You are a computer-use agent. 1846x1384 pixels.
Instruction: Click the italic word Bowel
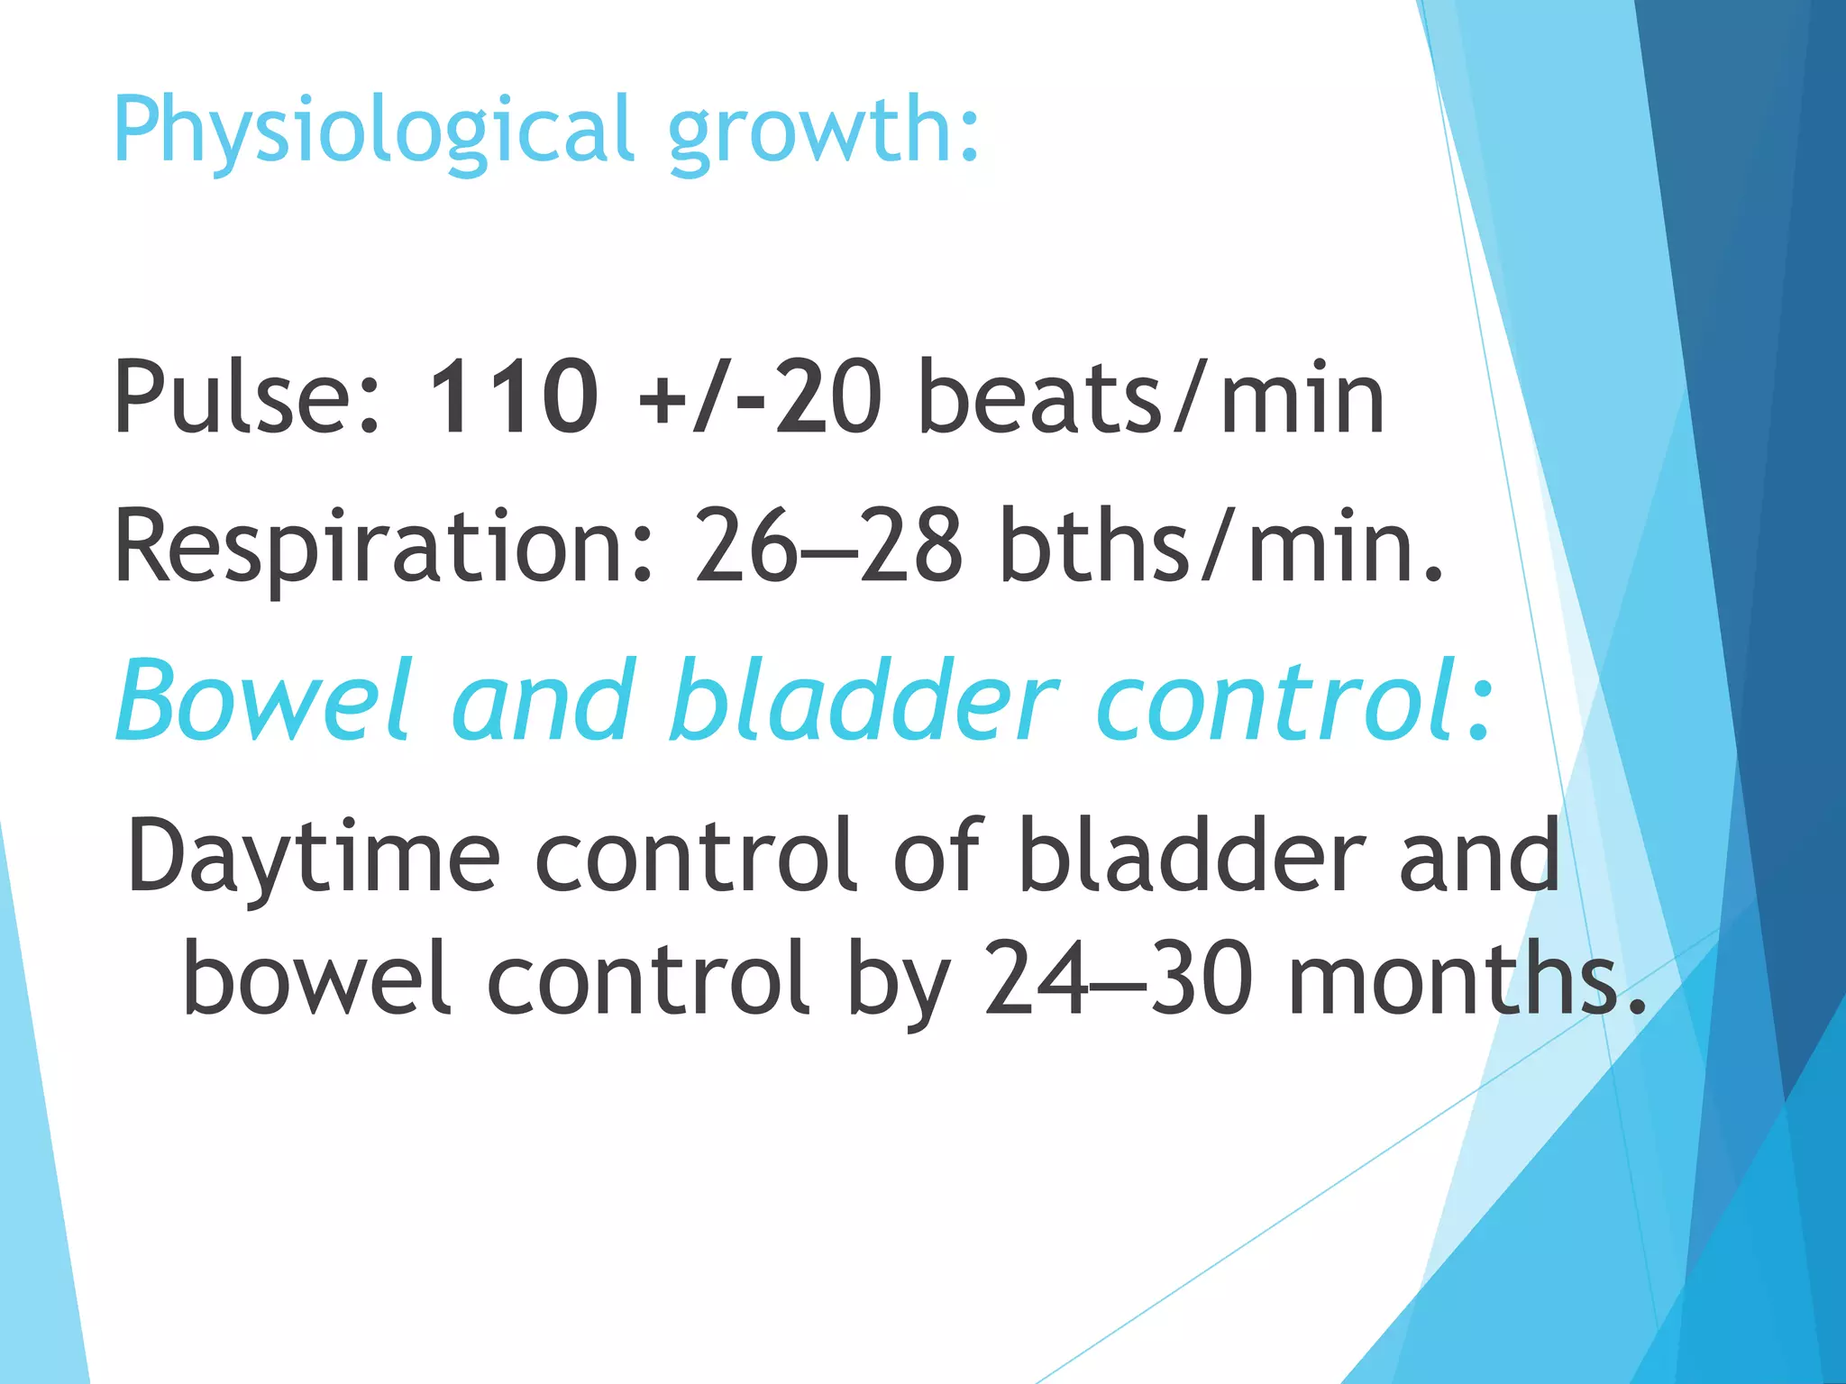264,701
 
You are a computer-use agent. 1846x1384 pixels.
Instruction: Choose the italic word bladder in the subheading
863,701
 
